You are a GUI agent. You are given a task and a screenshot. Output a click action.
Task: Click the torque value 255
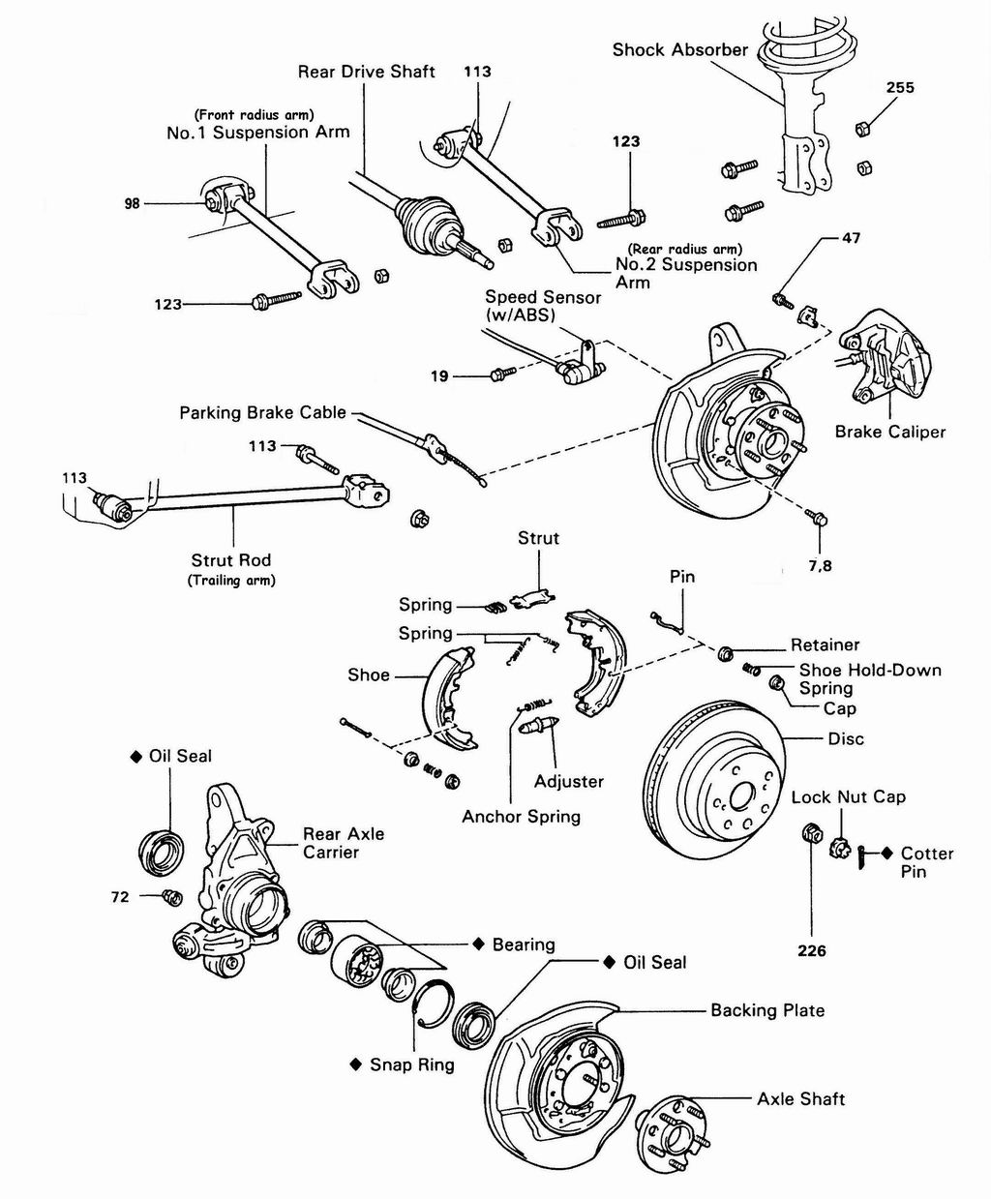point(900,87)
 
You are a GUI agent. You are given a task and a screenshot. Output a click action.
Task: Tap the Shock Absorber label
point(679,49)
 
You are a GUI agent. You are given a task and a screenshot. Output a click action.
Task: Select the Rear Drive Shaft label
point(366,72)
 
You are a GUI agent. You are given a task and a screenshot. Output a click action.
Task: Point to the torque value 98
point(133,204)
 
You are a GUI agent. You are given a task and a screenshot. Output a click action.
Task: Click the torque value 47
point(851,237)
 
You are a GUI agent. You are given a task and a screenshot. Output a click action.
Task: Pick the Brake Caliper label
point(889,432)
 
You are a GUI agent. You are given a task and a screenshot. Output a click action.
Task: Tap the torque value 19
point(439,375)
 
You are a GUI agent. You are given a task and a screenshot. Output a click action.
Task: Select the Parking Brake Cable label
point(262,413)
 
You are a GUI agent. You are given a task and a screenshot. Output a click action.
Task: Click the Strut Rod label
point(231,560)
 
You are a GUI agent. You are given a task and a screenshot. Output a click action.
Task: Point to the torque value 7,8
point(820,565)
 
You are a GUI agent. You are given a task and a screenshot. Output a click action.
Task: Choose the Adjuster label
point(569,781)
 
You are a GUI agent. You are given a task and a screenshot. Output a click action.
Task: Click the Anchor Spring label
point(521,817)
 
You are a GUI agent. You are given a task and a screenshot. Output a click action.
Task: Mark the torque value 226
point(812,951)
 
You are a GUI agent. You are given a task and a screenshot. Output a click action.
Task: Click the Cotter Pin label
point(926,862)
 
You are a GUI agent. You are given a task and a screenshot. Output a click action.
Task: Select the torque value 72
point(120,897)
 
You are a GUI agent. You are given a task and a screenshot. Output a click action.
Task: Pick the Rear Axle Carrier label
point(343,843)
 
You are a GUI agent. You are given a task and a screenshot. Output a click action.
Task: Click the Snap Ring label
point(411,1064)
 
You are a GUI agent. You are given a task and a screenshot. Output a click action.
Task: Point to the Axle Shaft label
point(800,1099)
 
